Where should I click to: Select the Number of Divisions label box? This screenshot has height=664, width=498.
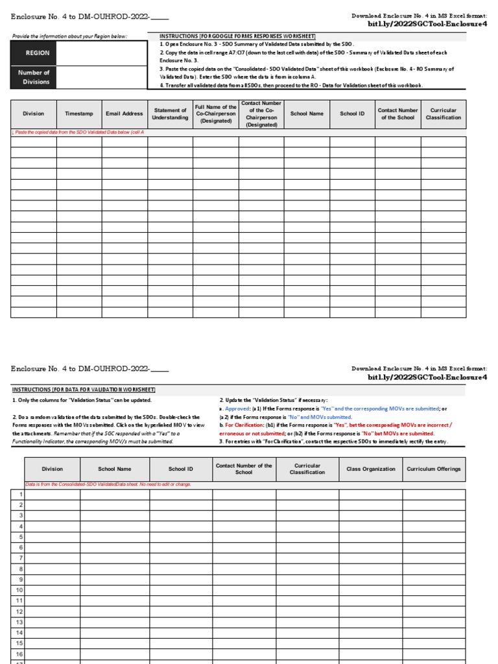[x=33, y=77]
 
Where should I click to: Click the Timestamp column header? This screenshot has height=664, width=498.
[x=78, y=113]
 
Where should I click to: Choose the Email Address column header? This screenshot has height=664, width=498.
[x=124, y=113]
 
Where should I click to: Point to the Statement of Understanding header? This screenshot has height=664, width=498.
[x=170, y=113]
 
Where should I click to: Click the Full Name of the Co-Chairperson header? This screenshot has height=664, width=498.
[x=215, y=113]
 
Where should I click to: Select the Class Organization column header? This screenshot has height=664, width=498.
[x=370, y=469]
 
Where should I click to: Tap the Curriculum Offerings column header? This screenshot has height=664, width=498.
[x=434, y=469]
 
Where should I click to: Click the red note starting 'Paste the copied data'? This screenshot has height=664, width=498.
[x=78, y=132]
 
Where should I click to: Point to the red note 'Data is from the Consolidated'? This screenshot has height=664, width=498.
[x=108, y=484]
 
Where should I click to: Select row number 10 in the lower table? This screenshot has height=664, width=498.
[x=19, y=590]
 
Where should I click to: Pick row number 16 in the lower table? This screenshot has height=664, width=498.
[x=19, y=654]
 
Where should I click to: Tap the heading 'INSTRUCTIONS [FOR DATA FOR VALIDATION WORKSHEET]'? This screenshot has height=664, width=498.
[x=84, y=390]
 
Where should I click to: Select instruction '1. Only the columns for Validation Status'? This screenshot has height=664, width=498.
[x=82, y=401]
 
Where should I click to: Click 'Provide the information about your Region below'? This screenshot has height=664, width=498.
[x=70, y=36]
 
